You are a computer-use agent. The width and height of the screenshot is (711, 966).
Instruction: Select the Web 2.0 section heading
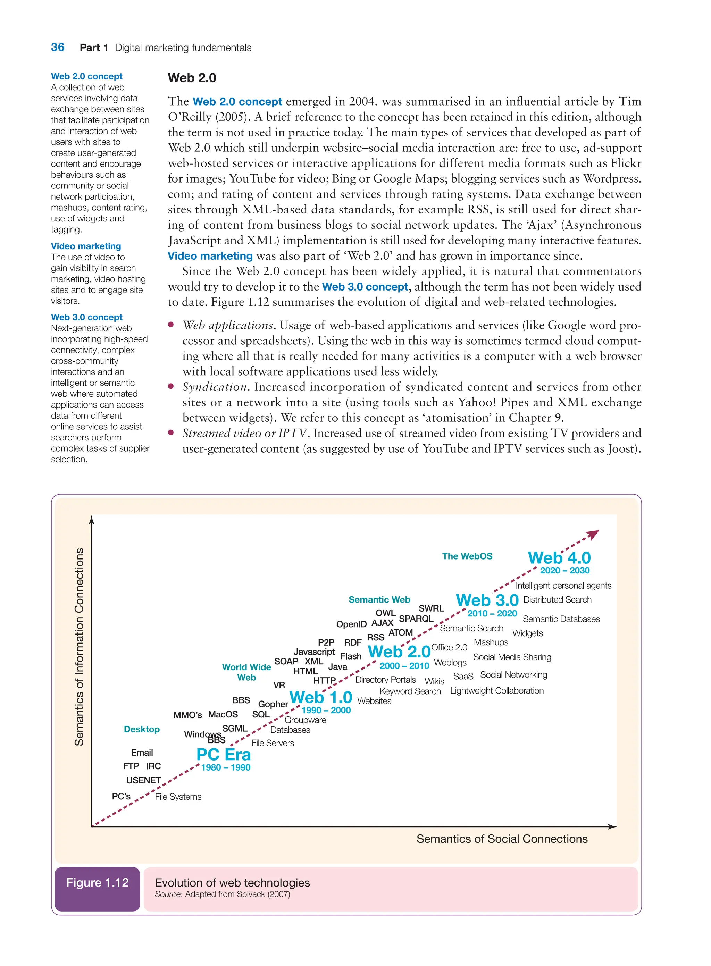192,78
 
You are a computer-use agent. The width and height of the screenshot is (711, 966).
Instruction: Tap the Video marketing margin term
86,246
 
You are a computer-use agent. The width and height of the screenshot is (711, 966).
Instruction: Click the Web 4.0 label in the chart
559,558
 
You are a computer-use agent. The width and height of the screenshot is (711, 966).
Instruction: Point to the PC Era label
223,755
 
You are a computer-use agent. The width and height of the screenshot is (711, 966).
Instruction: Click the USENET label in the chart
143,780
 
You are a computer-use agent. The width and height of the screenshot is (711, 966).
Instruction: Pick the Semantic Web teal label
379,599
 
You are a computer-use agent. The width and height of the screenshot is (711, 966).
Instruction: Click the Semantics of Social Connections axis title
502,839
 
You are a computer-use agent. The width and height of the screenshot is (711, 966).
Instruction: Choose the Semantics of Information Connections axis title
79,647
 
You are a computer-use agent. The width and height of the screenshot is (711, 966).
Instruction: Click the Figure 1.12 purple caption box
97,883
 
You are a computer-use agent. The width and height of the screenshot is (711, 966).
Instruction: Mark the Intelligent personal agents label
563,586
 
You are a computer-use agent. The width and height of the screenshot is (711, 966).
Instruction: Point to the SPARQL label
416,619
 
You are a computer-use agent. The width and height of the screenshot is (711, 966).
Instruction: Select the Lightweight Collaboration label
497,691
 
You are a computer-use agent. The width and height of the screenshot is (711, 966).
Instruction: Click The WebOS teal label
467,556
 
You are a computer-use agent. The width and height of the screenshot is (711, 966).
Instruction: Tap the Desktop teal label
142,729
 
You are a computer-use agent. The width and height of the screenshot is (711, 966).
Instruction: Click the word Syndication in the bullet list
214,387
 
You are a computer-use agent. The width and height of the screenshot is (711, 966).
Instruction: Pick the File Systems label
178,797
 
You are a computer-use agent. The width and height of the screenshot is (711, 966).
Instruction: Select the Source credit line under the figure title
222,894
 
